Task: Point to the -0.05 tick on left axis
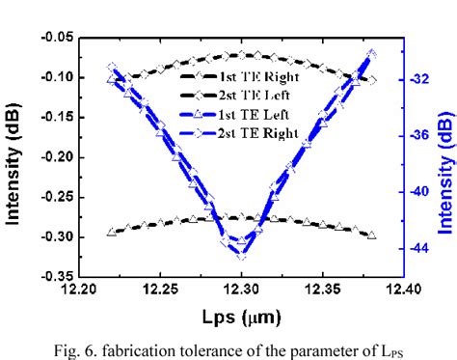[54, 37]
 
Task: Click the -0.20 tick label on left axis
[54, 156]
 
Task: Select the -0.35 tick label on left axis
[54, 276]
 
